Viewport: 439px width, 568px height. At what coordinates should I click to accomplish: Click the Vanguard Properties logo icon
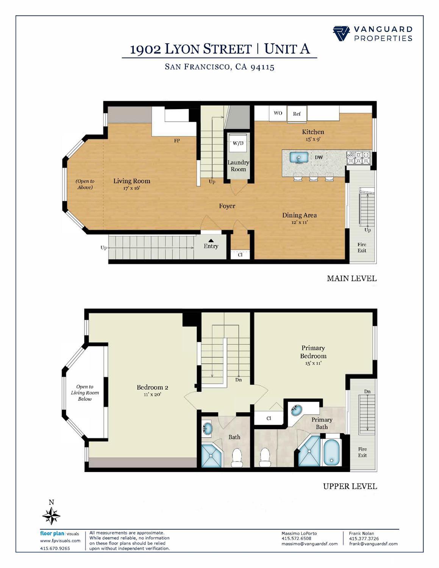[x=341, y=33]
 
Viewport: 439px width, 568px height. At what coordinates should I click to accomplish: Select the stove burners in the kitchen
[x=359, y=158]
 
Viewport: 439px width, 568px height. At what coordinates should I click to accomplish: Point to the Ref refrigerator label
[x=297, y=114]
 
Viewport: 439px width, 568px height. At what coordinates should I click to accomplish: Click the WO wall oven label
[x=278, y=113]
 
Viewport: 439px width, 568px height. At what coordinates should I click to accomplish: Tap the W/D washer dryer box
[x=238, y=143]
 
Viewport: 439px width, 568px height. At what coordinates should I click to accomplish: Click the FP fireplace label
[x=177, y=141]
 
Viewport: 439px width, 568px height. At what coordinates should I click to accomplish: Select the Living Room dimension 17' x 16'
[x=131, y=188]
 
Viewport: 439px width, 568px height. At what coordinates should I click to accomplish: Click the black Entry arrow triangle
[x=211, y=240]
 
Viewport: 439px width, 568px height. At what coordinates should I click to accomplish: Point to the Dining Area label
[x=299, y=215]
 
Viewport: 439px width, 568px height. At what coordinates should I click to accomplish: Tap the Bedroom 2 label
[x=152, y=387]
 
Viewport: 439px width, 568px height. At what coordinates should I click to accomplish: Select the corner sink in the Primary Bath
[x=297, y=410]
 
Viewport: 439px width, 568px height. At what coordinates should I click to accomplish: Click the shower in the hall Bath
[x=211, y=456]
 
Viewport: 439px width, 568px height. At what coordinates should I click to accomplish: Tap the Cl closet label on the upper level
[x=269, y=418]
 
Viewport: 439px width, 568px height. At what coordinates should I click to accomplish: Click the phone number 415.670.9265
[x=55, y=548]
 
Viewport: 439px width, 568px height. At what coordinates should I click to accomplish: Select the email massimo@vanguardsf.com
[x=309, y=544]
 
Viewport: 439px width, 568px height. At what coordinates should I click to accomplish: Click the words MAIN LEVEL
[x=352, y=279]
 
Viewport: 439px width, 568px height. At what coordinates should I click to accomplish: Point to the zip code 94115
[x=262, y=67]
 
